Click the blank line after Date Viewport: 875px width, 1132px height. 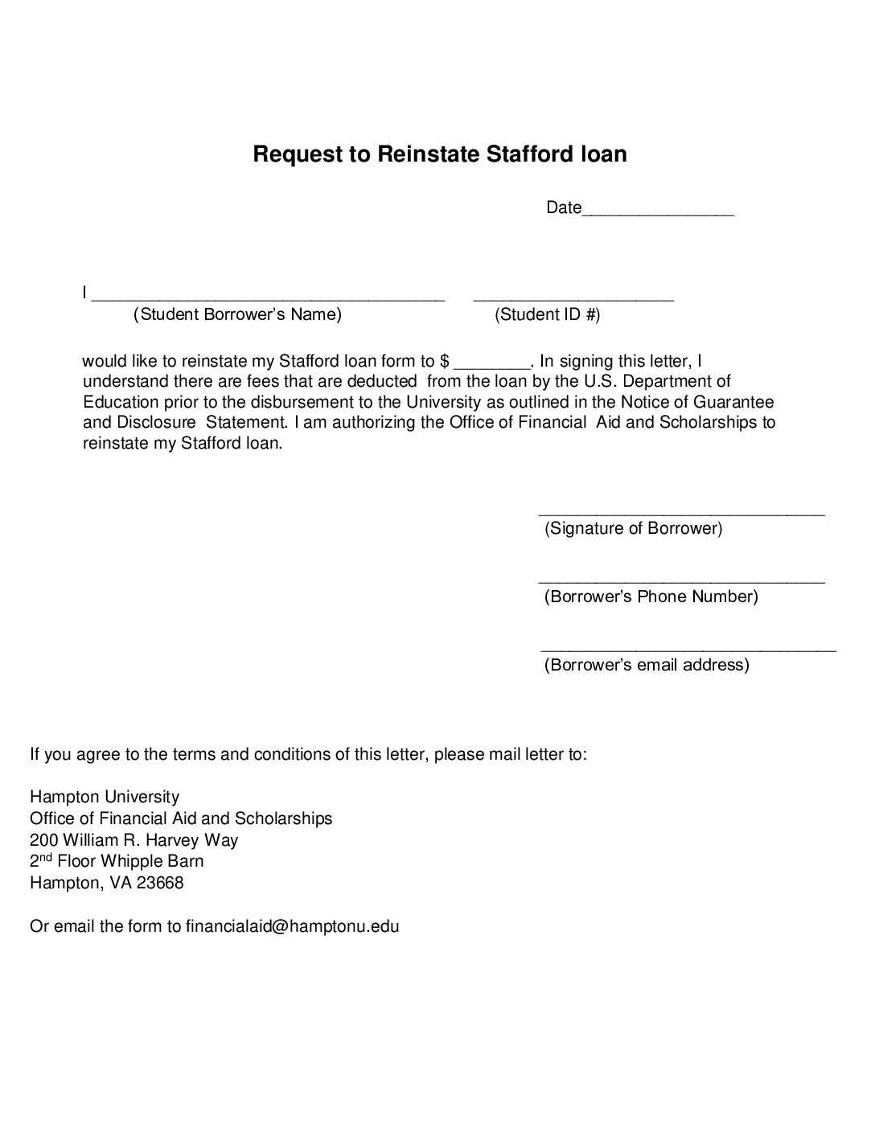(x=658, y=212)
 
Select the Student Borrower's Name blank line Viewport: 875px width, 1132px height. (x=268, y=297)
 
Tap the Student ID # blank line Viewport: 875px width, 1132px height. (x=573, y=297)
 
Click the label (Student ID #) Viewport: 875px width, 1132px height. (x=547, y=314)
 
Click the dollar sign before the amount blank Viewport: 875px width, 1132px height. (x=445, y=361)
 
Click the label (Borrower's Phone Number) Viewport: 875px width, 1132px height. (x=651, y=597)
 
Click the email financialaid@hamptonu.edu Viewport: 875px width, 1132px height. (x=292, y=925)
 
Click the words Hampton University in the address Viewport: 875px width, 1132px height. (x=105, y=797)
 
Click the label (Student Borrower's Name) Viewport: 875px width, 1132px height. (x=237, y=314)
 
